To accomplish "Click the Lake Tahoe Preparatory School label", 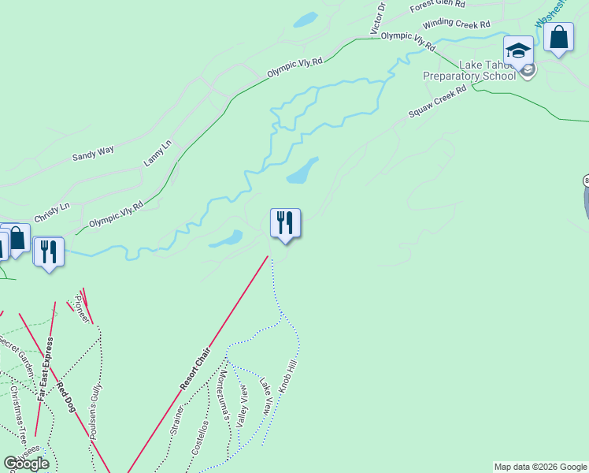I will point(469,70).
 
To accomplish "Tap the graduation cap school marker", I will point(519,52).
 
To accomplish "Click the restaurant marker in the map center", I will point(285,223).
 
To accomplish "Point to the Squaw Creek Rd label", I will point(438,102).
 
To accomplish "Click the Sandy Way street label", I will point(93,152).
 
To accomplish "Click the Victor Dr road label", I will point(379,18).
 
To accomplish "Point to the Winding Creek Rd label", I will point(456,24).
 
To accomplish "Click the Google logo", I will point(26,464).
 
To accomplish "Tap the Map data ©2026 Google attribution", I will point(540,467).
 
